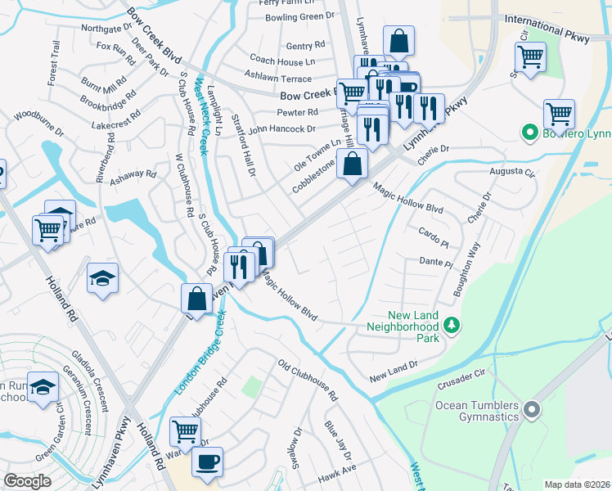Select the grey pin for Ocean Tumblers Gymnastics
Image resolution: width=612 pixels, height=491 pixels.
point(533,408)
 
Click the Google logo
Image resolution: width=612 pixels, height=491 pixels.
point(27,481)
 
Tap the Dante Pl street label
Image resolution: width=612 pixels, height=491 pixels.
point(436,262)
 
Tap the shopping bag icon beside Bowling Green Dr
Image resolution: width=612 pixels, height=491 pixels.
point(398,40)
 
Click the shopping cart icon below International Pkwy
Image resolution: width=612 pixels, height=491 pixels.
point(530,57)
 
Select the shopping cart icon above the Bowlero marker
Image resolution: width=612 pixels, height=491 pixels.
point(559,114)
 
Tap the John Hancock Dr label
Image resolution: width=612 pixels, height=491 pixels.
point(282,128)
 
